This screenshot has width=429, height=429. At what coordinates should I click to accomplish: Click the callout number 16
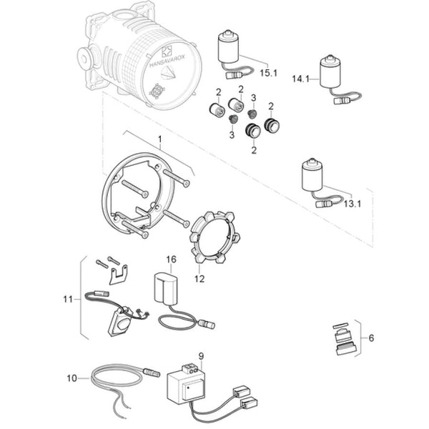pos(171,259)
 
